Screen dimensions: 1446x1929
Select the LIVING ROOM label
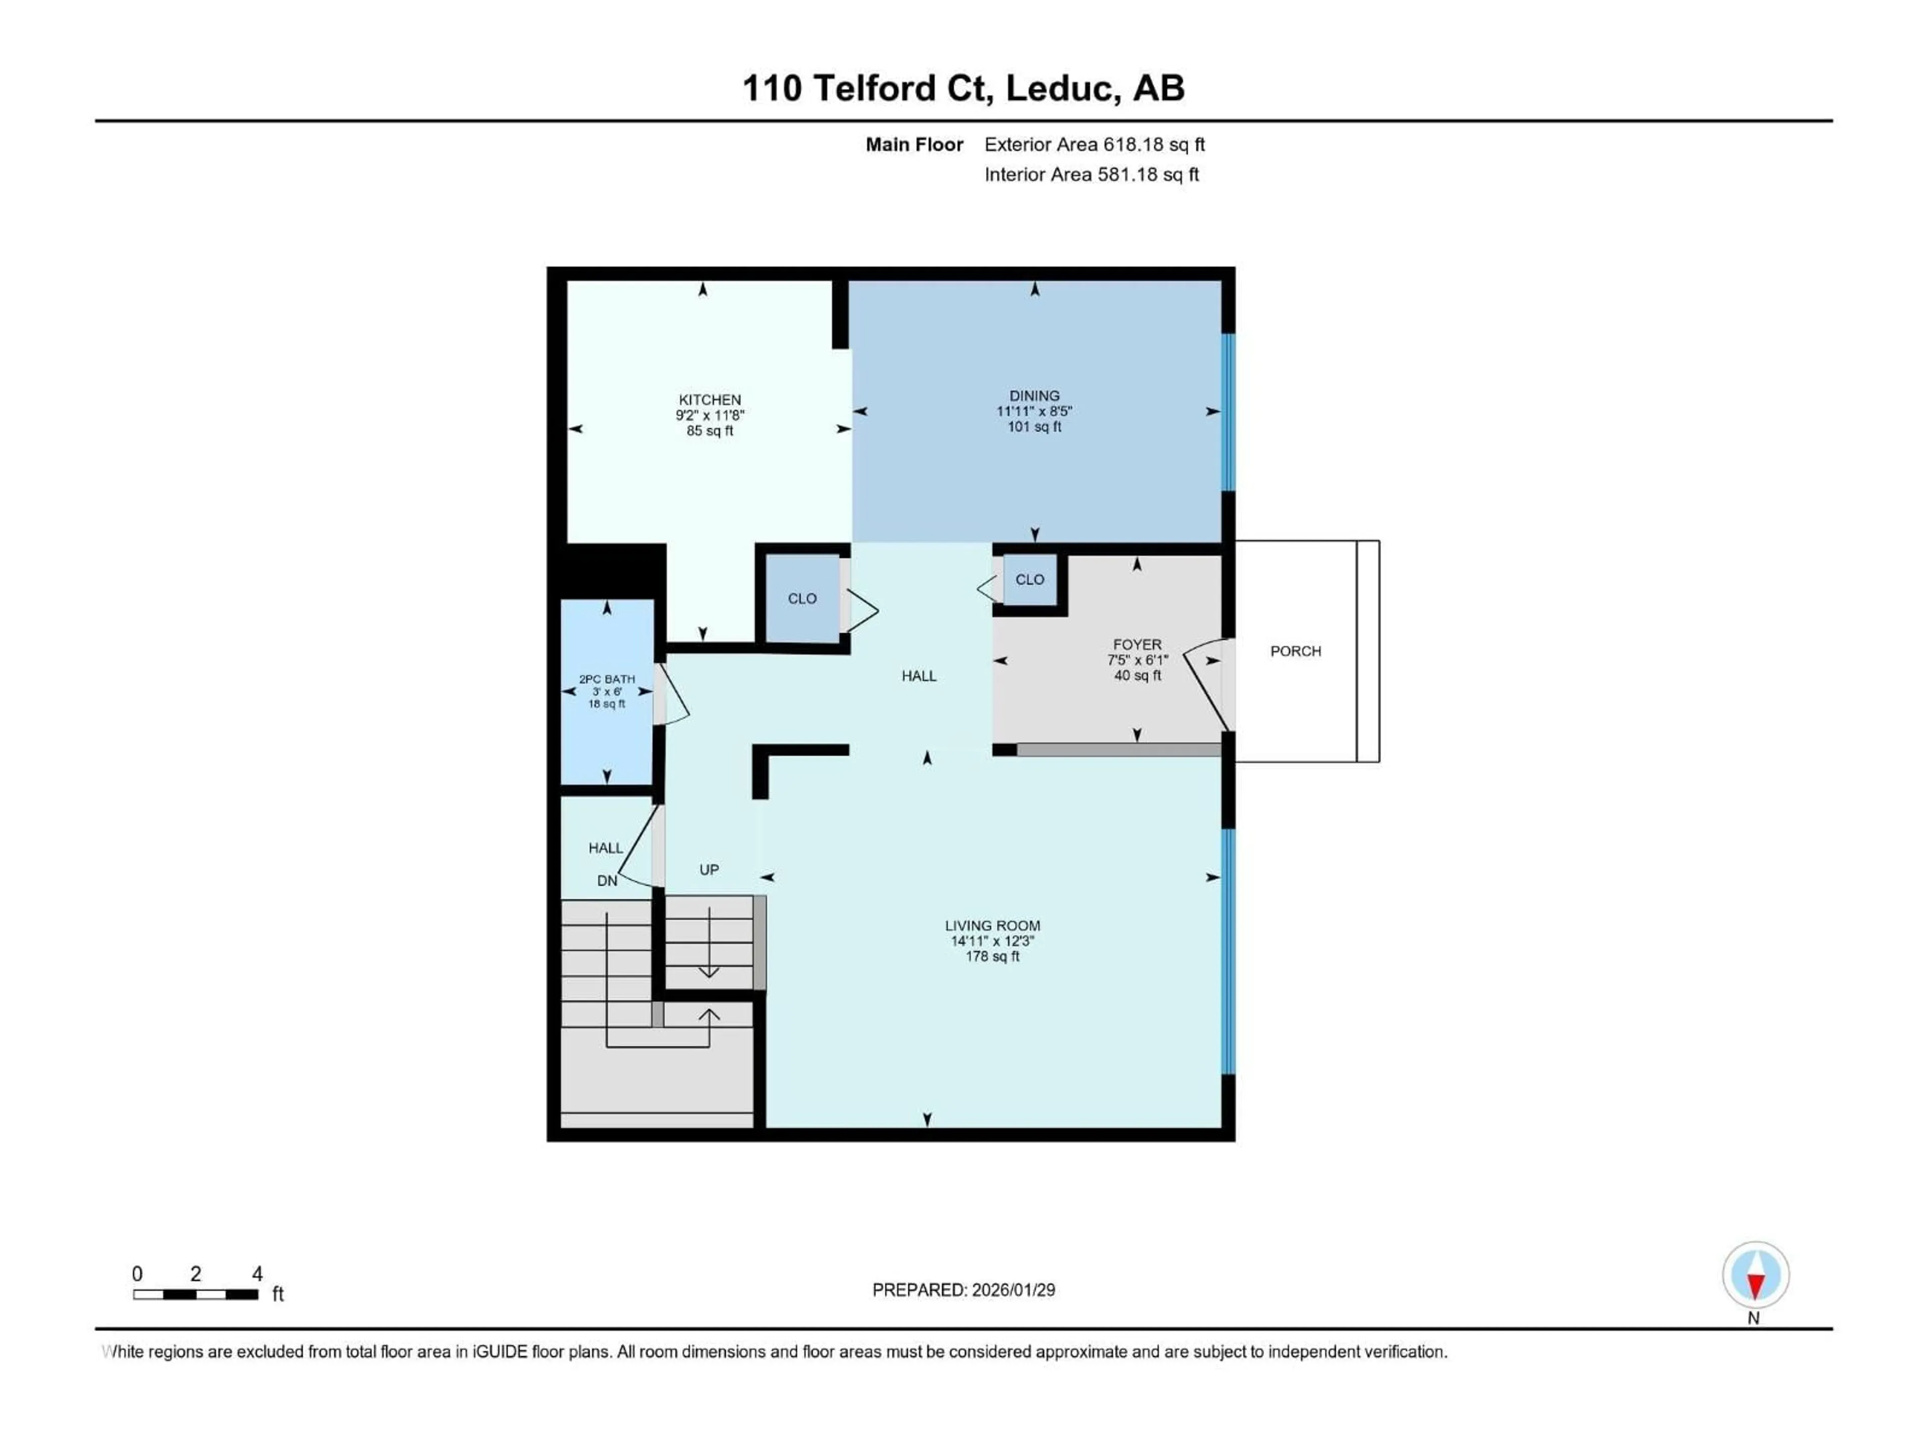click(993, 926)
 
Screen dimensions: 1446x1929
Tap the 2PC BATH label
click(607, 679)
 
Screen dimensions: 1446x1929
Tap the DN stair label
click(607, 881)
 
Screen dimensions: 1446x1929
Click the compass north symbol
click(1756, 1276)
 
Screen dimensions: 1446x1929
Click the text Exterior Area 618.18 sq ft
click(1095, 145)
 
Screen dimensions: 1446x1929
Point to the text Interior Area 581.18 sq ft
click(1091, 174)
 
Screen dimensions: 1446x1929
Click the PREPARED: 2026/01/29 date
click(963, 1290)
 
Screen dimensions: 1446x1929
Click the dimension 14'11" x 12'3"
click(993, 941)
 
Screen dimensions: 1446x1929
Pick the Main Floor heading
click(914, 145)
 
